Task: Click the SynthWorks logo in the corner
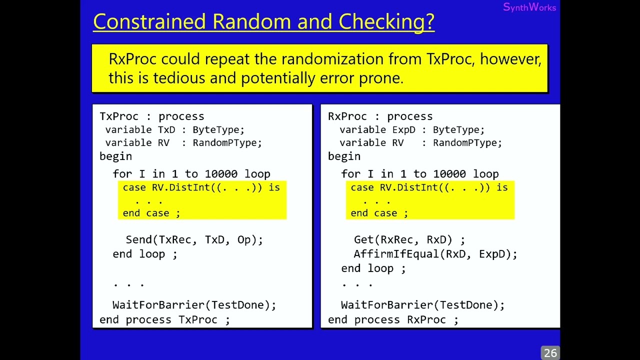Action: (x=529, y=7)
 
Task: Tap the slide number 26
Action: (x=550, y=353)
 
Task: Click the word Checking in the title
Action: (x=386, y=22)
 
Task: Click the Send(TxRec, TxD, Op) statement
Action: (x=194, y=240)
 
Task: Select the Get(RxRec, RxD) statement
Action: (x=409, y=240)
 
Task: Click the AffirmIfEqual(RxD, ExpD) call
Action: (x=435, y=254)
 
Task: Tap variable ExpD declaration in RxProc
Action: (x=411, y=130)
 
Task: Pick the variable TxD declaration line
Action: (x=174, y=130)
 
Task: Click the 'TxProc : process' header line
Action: (x=151, y=116)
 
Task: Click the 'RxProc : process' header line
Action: (x=380, y=116)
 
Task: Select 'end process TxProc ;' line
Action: (x=164, y=319)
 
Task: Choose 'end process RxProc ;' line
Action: (x=393, y=319)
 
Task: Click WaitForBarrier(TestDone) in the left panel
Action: (x=194, y=305)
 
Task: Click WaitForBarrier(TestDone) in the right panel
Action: (x=422, y=305)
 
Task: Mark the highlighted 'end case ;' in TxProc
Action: (x=151, y=213)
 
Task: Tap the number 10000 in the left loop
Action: (x=220, y=174)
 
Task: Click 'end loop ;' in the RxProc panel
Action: (x=373, y=268)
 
